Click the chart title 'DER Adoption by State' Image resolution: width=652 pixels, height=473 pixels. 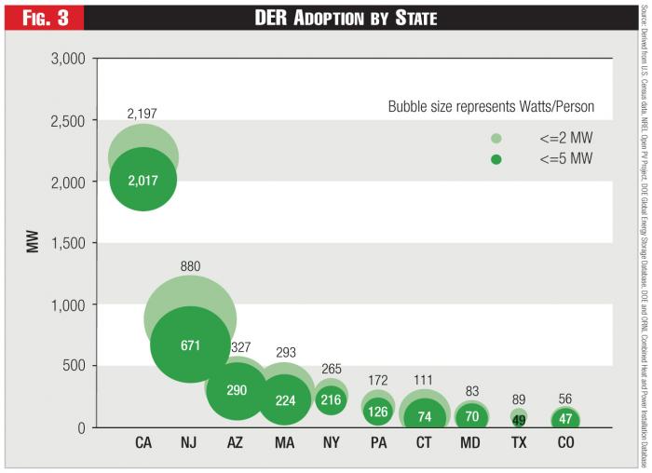point(346,18)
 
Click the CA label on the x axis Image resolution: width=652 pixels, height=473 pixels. point(143,443)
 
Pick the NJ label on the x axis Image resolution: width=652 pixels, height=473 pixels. point(190,443)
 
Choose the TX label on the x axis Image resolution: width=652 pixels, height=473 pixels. point(519,443)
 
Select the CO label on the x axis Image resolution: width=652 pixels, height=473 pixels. point(565,443)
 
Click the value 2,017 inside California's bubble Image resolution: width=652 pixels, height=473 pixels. point(143,180)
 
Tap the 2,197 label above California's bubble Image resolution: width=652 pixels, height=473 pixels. point(143,114)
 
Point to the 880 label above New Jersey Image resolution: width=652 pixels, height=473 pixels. point(190,266)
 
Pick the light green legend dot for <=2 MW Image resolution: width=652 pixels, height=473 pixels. point(496,139)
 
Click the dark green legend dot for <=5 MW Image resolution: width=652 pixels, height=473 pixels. point(496,159)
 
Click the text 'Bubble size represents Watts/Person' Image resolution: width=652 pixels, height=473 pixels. point(491,107)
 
